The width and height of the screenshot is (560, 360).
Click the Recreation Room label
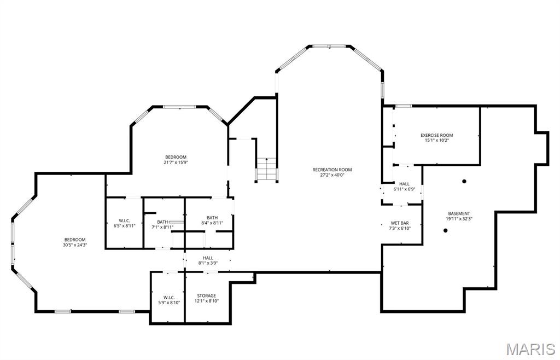332,170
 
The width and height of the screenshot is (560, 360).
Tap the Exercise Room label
436,135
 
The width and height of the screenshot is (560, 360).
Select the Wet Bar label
400,223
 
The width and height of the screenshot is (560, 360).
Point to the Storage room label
206,295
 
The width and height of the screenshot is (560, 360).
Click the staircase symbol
266,169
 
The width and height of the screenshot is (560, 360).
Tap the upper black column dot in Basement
464,182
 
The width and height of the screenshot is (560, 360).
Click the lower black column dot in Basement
445,231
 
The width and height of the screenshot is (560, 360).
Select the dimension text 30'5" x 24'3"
75,245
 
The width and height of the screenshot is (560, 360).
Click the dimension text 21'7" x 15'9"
176,162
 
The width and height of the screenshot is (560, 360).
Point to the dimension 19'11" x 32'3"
459,219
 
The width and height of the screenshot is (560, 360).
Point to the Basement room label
459,213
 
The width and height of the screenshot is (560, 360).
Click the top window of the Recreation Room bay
329,46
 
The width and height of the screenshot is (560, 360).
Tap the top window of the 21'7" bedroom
179,107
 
